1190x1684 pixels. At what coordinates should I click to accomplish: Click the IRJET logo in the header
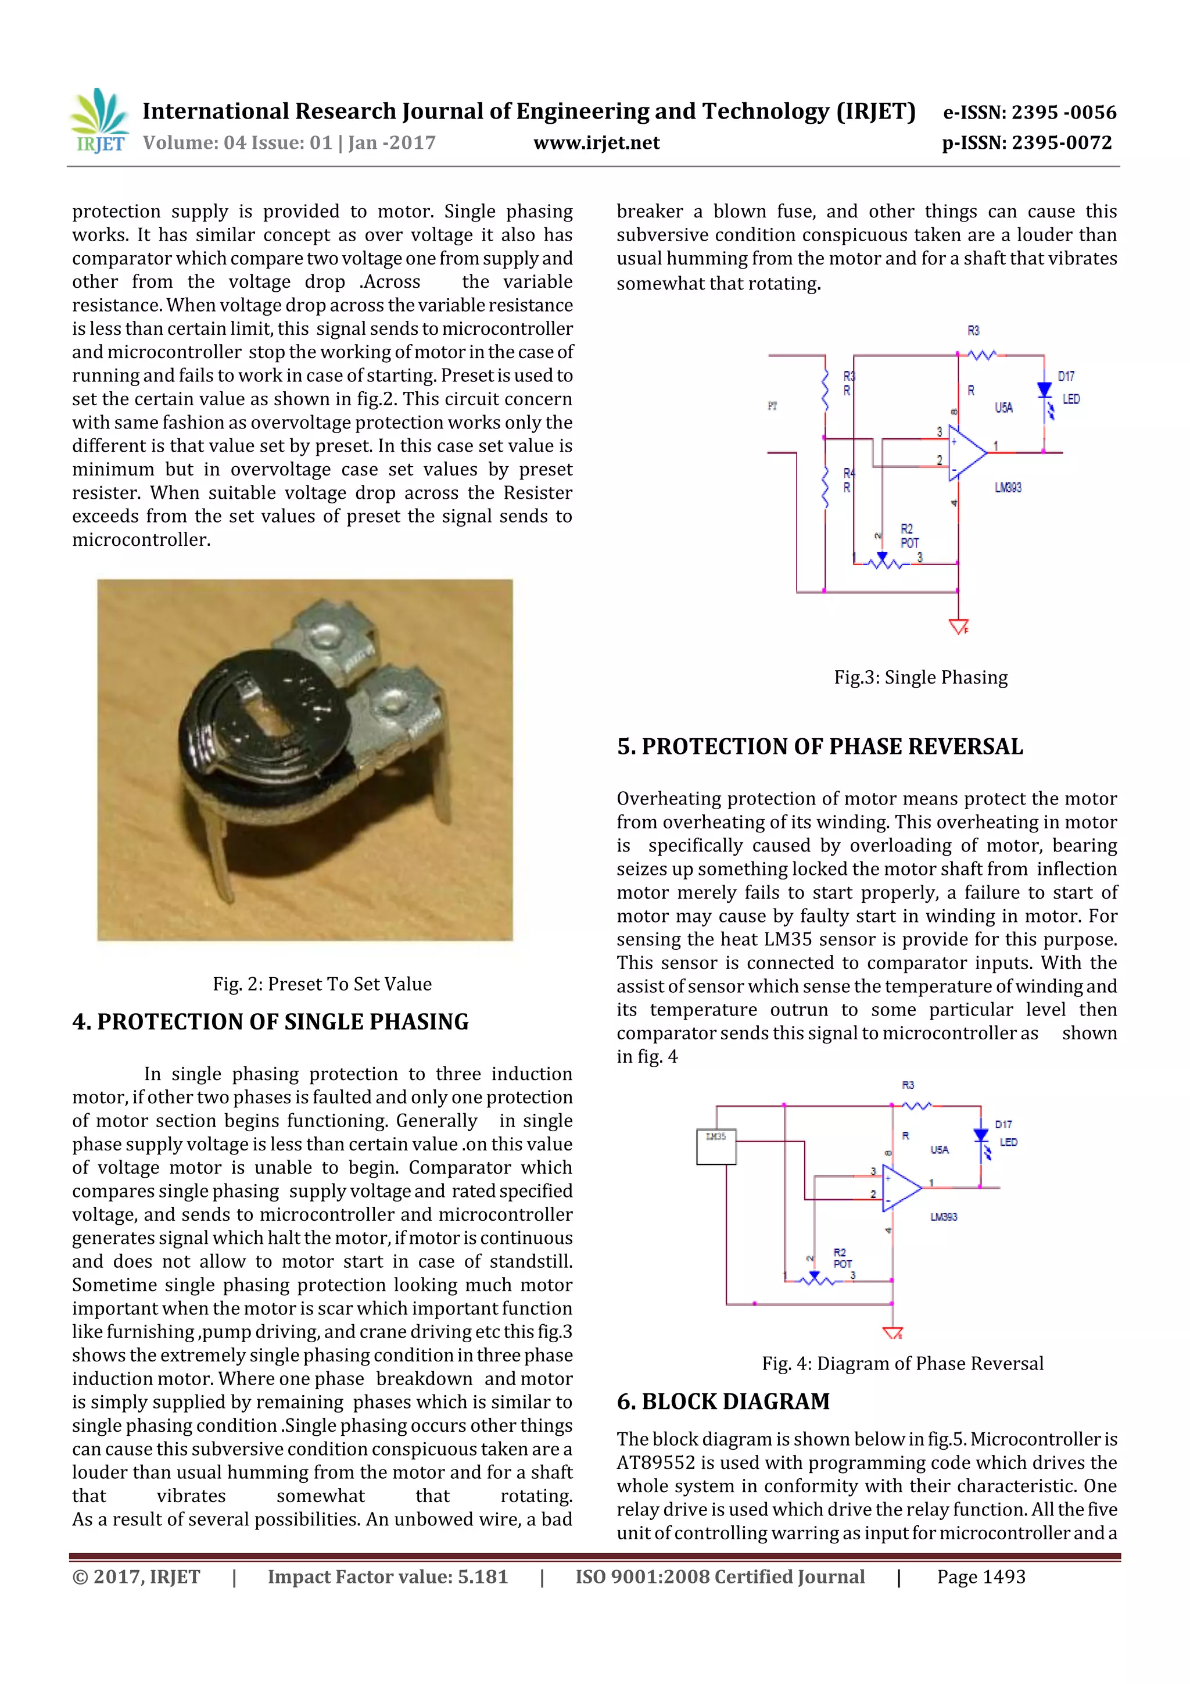click(99, 121)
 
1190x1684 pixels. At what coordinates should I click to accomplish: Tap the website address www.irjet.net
click(596, 143)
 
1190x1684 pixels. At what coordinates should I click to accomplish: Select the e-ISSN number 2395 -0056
click(1063, 112)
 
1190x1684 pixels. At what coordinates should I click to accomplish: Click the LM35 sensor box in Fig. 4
click(716, 1147)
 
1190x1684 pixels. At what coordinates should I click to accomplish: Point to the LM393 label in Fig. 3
click(1008, 488)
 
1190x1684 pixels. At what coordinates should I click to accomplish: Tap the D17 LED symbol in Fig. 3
click(1045, 390)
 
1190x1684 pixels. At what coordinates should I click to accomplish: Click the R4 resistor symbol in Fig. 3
click(826, 485)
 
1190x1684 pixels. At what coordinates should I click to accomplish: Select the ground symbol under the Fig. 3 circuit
click(958, 627)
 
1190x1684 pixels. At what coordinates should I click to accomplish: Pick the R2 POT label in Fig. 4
click(842, 1258)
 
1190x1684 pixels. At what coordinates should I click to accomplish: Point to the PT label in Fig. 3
click(772, 406)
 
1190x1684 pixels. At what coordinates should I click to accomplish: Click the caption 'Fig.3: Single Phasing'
click(920, 677)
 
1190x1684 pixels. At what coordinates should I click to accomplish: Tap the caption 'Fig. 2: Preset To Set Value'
click(322, 984)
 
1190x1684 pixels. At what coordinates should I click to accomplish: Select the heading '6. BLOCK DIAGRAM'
click(723, 1401)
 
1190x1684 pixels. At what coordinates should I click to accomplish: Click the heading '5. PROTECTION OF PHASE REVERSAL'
click(820, 746)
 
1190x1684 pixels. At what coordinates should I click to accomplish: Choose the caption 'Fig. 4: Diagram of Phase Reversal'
click(902, 1364)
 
